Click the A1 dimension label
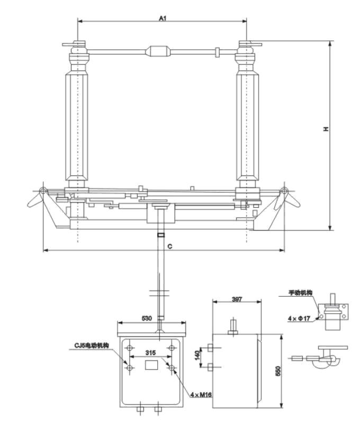(x=163, y=17)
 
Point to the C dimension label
(x=169, y=246)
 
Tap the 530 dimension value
(x=147, y=318)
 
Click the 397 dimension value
(x=237, y=299)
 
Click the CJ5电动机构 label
(x=92, y=346)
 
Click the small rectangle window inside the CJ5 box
(x=151, y=364)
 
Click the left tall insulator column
(x=78, y=127)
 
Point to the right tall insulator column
(x=247, y=127)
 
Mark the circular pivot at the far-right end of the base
(x=284, y=191)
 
